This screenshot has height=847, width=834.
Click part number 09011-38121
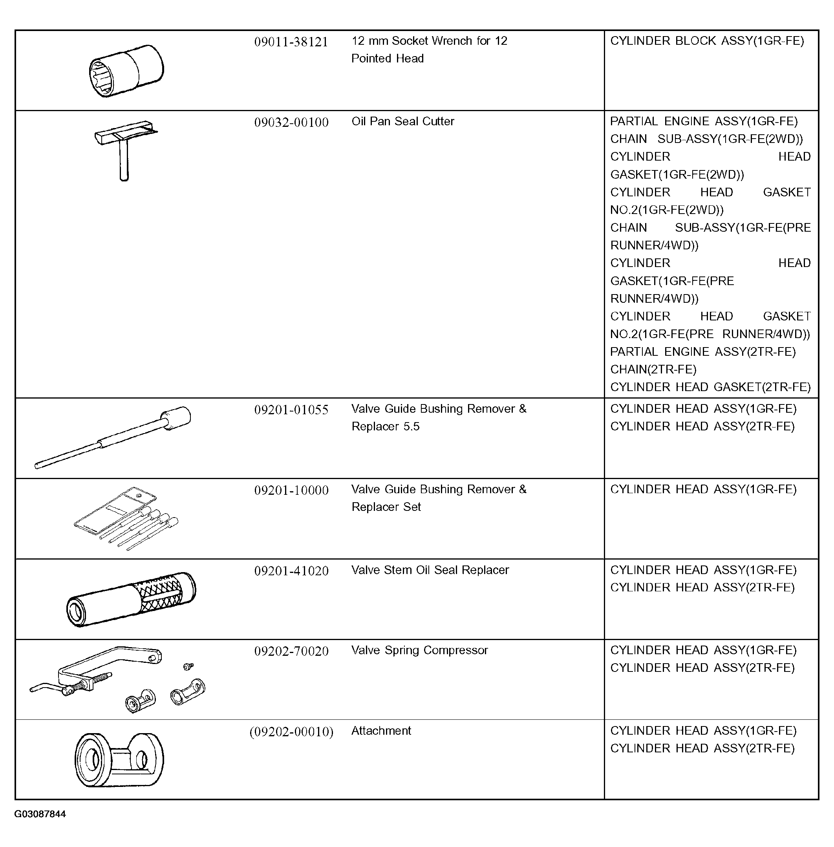291,42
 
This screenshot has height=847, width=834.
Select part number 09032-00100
291,122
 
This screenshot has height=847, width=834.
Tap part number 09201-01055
291,410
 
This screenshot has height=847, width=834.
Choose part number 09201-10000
291,490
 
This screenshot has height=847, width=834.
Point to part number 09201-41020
291,571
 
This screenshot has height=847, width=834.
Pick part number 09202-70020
291,651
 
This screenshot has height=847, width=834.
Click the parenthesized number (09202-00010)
291,732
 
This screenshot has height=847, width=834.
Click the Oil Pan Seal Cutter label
402,121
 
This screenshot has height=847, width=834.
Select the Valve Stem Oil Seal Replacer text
430,570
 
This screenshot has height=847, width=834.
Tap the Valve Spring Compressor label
419,650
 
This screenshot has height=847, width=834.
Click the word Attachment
381,731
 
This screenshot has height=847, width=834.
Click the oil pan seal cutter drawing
124,149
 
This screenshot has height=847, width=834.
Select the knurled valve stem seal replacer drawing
131,599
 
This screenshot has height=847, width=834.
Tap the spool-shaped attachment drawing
119,760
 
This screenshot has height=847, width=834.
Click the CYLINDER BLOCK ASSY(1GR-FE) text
706,41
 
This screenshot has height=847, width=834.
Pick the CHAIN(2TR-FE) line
653,370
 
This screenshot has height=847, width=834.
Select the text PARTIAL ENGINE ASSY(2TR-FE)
702,352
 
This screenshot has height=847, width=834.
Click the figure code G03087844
40,814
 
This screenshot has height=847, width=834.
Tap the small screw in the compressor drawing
189,666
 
